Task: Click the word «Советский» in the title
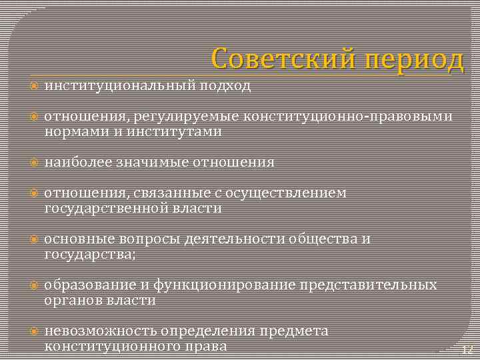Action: [x=273, y=59]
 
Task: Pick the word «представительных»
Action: [x=369, y=285]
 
